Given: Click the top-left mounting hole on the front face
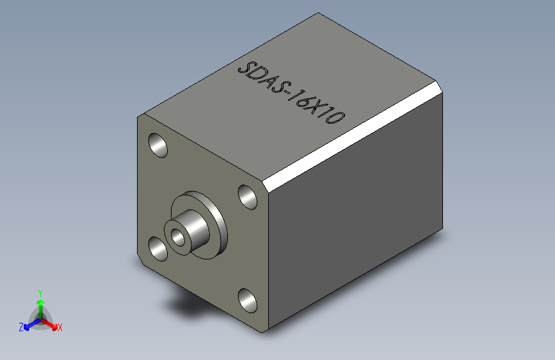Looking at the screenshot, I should pyautogui.click(x=157, y=145).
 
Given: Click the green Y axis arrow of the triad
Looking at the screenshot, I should pyautogui.click(x=40, y=305).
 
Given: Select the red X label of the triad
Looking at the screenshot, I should pyautogui.click(x=60, y=328).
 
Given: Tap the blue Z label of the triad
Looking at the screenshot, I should pyautogui.click(x=21, y=327).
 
